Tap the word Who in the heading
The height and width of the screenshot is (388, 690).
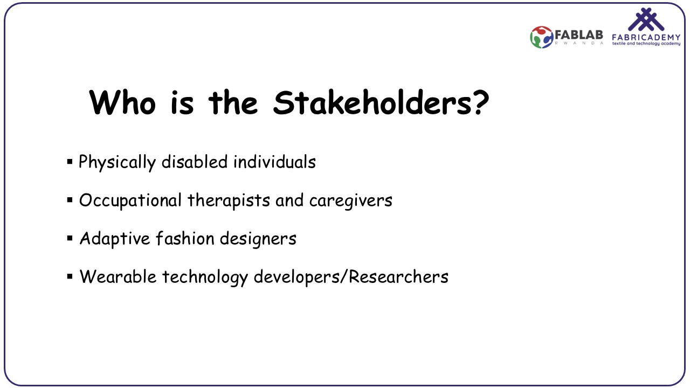click(x=122, y=102)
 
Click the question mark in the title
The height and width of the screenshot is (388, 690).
click(x=481, y=102)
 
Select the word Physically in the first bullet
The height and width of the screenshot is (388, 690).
click(x=117, y=162)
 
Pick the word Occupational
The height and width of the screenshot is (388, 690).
click(x=130, y=200)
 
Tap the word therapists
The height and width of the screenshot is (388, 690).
click(x=229, y=200)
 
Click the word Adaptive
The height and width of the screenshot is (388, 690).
click(x=115, y=239)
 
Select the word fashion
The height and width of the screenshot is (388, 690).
click(x=185, y=238)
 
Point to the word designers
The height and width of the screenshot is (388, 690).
click(x=258, y=239)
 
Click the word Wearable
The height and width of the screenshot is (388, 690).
click(x=118, y=276)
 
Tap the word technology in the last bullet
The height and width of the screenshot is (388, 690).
click(x=205, y=277)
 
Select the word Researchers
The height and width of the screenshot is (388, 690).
click(x=398, y=276)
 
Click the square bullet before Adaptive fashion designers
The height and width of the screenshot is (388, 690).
click(x=70, y=238)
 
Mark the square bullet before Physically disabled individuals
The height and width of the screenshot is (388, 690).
click(x=70, y=161)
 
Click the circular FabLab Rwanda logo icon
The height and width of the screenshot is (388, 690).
click(x=542, y=37)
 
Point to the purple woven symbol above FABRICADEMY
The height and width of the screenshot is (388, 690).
click(x=646, y=19)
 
